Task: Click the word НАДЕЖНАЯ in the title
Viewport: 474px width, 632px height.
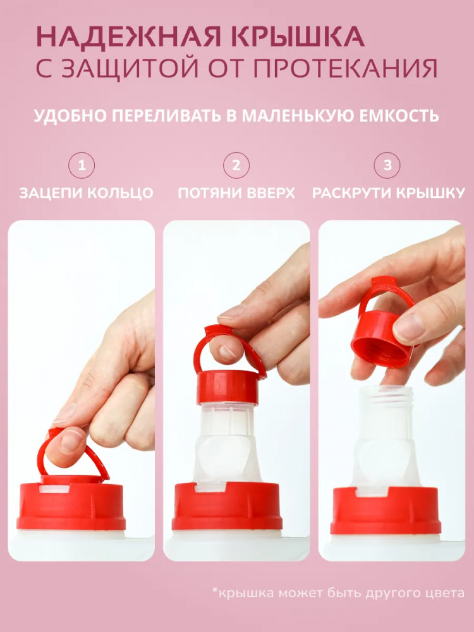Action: point(128,37)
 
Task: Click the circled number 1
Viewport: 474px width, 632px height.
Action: point(82,165)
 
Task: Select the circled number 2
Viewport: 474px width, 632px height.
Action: point(236,165)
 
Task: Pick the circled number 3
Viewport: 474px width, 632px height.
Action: point(387,165)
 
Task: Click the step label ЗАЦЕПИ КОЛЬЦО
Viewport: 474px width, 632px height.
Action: point(86,193)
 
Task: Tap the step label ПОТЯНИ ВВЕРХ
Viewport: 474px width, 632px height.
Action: point(236,193)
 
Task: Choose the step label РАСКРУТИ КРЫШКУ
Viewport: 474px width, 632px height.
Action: point(389,193)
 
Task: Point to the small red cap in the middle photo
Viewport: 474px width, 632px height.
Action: point(228,387)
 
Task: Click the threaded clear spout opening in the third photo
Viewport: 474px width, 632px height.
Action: point(386,395)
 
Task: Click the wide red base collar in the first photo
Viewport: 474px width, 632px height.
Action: point(71,506)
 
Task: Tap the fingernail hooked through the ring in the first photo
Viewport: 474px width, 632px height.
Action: point(71,441)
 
